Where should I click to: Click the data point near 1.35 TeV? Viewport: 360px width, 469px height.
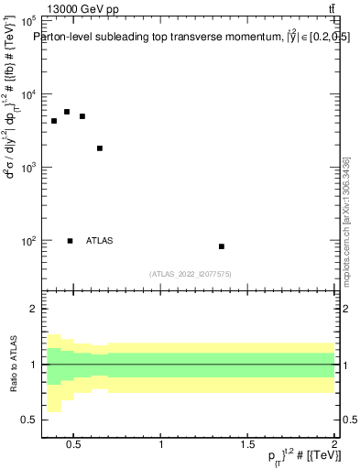(222, 246)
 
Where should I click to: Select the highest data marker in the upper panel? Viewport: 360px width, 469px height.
(67, 112)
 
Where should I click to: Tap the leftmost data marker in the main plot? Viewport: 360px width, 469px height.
(54, 121)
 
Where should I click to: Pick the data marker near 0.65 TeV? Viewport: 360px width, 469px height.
(100, 148)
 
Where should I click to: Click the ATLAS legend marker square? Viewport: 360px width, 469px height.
(71, 241)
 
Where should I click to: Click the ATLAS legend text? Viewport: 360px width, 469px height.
(99, 241)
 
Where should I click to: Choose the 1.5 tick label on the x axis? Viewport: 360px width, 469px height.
(247, 446)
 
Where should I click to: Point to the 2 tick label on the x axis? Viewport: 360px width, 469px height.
(333, 446)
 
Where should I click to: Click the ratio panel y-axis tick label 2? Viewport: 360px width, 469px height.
(30, 310)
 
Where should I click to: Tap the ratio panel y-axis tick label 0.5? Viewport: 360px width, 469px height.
(27, 420)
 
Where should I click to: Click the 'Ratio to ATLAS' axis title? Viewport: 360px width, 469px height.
(12, 365)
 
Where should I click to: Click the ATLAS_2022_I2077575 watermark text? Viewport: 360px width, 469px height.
(190, 273)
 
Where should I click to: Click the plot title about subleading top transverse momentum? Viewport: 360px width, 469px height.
(191, 38)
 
